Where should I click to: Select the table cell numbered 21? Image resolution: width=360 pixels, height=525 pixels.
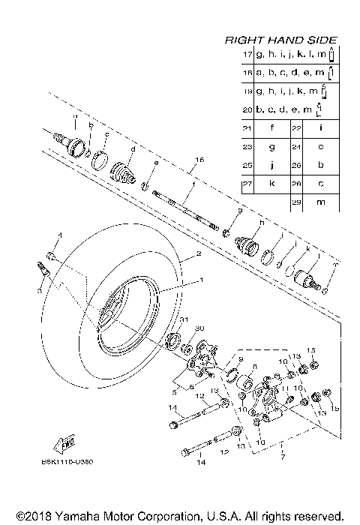tap(247, 128)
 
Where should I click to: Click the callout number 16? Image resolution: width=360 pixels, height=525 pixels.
tap(199, 160)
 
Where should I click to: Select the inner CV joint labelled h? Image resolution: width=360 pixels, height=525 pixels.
tap(248, 242)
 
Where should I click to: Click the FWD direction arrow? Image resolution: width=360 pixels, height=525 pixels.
tap(65, 442)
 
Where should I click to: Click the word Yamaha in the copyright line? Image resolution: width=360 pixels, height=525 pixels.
tap(75, 517)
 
